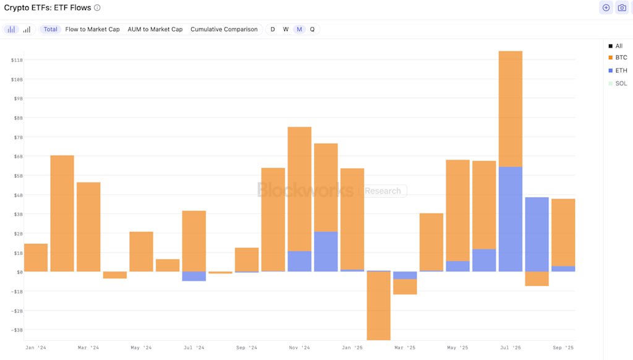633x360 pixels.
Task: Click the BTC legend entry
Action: tap(621, 58)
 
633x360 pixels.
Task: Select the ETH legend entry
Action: tap(621, 71)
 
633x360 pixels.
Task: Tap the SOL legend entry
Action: tap(621, 84)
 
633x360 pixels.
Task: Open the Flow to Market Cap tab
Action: tap(93, 29)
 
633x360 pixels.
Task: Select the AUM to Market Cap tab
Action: tap(155, 29)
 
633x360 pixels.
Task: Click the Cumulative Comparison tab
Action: tap(224, 29)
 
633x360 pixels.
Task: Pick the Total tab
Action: tap(50, 29)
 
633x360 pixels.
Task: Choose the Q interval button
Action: tap(312, 29)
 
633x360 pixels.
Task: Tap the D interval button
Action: tap(273, 29)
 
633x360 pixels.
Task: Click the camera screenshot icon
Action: tap(622, 8)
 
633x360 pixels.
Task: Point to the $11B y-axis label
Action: tap(17, 60)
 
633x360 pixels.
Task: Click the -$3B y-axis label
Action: tap(17, 330)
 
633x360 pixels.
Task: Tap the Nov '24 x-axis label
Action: tap(299, 348)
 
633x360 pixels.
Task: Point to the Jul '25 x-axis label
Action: tap(510, 348)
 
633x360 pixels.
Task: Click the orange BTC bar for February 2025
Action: tap(378, 306)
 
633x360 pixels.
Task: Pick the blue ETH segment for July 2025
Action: tap(510, 219)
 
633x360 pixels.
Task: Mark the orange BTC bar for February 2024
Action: tap(62, 213)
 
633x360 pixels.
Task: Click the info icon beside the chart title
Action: tap(97, 8)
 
